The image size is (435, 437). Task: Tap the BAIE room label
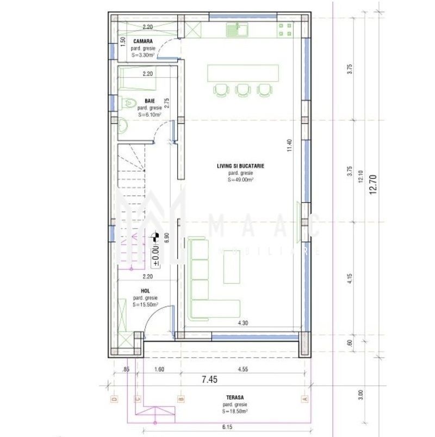point(147,101)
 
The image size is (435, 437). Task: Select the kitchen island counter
point(243,73)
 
